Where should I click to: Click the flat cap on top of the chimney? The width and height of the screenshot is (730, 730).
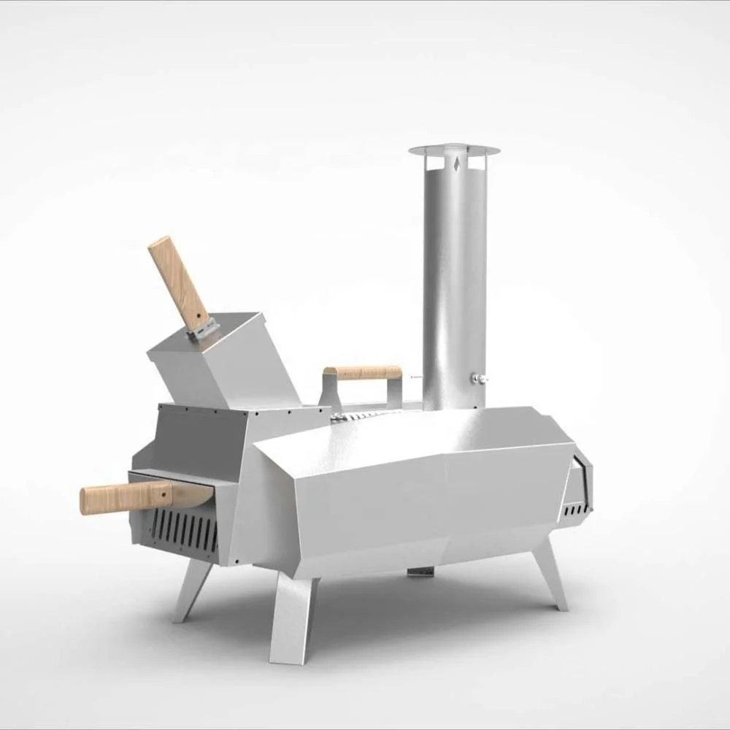coord(454,150)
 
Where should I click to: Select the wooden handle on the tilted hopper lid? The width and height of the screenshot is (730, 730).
coord(179,282)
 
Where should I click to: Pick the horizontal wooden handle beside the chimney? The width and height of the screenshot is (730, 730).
coord(363,372)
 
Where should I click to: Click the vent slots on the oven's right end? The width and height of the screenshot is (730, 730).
coord(576,507)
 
